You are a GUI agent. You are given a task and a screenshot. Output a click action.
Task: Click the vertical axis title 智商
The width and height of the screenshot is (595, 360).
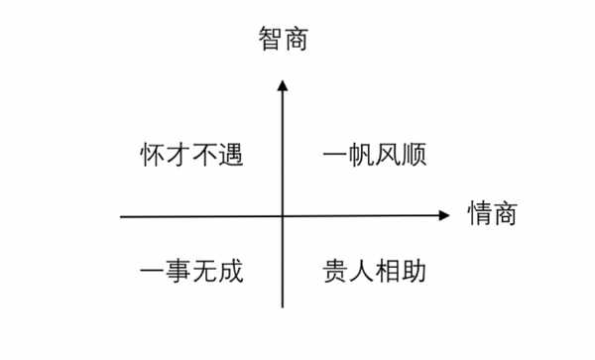283,41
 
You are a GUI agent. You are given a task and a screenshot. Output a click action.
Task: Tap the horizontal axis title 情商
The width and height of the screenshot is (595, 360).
494,213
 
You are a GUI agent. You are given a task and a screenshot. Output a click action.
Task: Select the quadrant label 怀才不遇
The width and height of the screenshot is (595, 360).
191,156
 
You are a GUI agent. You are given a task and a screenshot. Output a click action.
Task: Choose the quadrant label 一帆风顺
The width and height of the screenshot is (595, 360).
375,156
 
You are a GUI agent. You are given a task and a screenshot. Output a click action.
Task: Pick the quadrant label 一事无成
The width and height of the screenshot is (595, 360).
191,271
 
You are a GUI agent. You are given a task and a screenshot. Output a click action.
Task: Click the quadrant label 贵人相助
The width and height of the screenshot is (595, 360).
375,271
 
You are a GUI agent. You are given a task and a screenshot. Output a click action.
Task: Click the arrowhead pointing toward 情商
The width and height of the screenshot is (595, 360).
446,214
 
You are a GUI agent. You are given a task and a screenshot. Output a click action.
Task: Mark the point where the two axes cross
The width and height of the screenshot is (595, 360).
283,214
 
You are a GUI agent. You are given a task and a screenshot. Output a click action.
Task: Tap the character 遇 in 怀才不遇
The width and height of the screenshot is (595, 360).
230,156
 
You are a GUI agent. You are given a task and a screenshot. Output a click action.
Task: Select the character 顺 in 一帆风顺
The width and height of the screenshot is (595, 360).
414,156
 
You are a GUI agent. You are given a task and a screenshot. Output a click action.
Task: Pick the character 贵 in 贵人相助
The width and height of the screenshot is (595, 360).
336,271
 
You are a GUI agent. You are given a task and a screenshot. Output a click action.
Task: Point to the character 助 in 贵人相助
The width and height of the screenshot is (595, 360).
414,271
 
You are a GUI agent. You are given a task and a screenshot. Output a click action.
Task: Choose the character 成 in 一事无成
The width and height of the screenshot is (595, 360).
230,271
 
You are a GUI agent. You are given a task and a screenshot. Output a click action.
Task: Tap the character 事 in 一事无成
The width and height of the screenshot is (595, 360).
178,271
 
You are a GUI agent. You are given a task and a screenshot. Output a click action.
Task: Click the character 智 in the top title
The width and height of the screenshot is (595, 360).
270,41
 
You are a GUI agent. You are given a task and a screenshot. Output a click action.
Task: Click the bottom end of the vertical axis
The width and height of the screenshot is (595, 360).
283,308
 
